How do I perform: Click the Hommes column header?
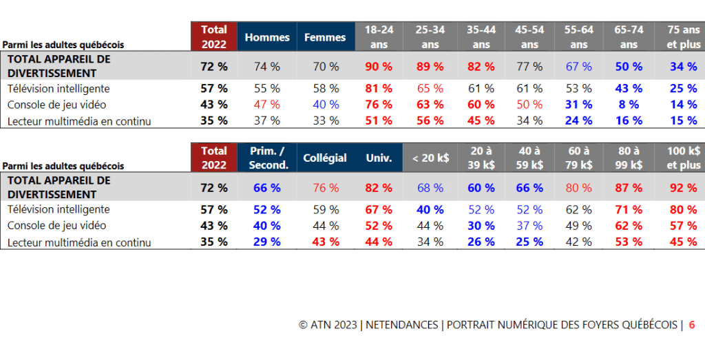click(x=267, y=37)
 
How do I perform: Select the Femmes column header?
click(x=325, y=37)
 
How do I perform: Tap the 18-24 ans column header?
click(x=378, y=37)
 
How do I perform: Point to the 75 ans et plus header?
click(x=683, y=37)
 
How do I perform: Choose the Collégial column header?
click(x=325, y=158)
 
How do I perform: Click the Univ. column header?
click(x=378, y=158)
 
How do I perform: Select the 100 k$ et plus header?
click(x=683, y=158)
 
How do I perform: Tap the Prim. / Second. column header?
click(x=267, y=158)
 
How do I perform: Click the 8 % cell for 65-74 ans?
click(x=629, y=105)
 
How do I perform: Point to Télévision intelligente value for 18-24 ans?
click(x=378, y=89)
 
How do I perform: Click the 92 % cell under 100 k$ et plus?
click(x=683, y=188)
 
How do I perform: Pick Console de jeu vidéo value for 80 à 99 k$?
click(x=629, y=225)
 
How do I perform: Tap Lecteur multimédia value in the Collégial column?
click(x=325, y=242)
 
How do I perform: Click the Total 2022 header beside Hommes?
click(x=214, y=37)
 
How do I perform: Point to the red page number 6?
click(x=692, y=325)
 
